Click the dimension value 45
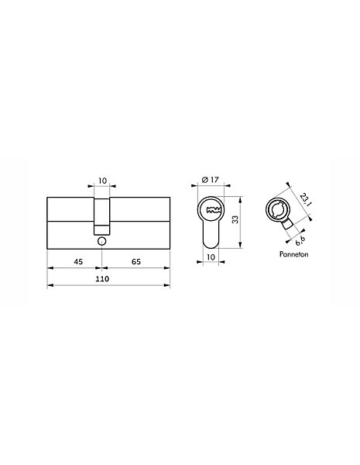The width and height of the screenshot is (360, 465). click(78, 262)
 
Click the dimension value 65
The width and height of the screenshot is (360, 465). click(136, 262)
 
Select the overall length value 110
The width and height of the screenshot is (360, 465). click(102, 279)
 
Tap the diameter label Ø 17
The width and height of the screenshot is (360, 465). click(210, 180)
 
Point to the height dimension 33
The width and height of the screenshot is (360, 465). click(235, 219)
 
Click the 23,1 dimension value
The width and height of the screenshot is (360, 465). click(304, 200)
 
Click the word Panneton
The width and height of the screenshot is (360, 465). click(293, 254)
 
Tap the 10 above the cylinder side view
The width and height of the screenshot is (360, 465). click(102, 181)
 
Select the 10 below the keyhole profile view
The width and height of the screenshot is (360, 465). click(211, 257)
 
